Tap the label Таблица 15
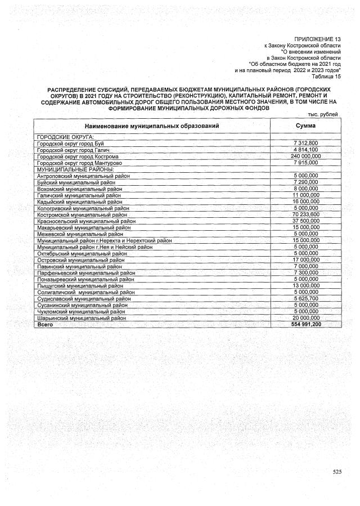tap(327, 76)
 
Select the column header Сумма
tap(305, 126)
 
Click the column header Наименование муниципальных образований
tap(152, 126)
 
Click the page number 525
tap(336, 471)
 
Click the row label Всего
tap(44, 325)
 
